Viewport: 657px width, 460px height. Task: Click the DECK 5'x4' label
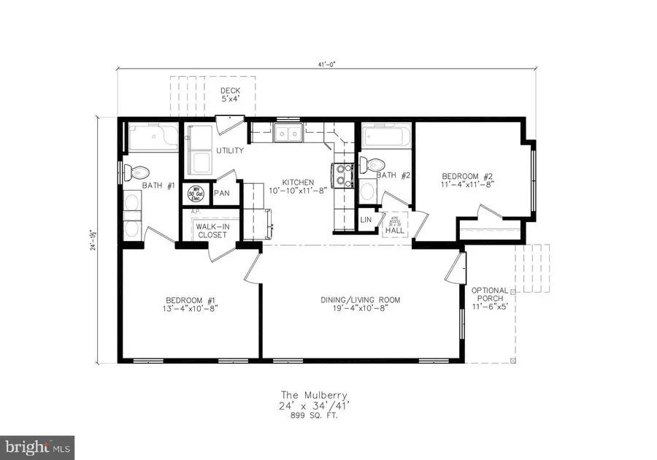(231, 96)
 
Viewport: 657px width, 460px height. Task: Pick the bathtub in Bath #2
(385, 137)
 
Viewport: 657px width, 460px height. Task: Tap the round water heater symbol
(196, 194)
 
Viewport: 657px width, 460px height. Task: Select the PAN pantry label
(222, 195)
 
